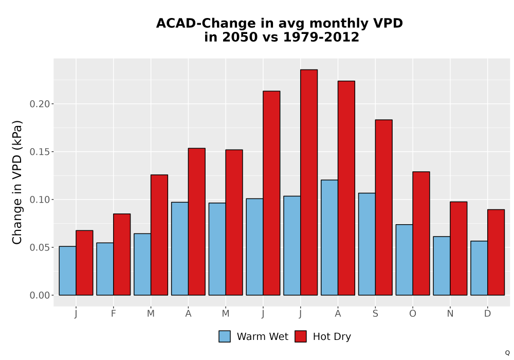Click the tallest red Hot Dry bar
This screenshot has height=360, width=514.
(x=309, y=182)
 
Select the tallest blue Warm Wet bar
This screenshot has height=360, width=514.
(x=329, y=238)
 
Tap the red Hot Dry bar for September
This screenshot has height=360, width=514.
(x=383, y=208)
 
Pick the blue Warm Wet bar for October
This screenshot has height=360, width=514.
(x=404, y=260)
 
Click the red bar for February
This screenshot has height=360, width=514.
(x=122, y=255)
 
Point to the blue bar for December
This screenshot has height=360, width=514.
(x=479, y=268)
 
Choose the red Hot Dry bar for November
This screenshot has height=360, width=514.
(x=458, y=248)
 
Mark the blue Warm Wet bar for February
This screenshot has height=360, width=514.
(x=105, y=269)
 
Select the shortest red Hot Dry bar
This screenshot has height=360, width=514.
(x=84, y=263)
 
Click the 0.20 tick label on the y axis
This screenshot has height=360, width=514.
(x=40, y=104)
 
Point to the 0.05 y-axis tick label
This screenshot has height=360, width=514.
(x=40, y=247)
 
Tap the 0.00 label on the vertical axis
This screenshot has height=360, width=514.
(x=40, y=295)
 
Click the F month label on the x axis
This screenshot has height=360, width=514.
(x=114, y=314)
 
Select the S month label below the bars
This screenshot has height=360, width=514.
(x=375, y=314)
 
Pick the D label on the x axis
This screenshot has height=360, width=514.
(x=487, y=314)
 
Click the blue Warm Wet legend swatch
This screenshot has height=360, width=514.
(x=225, y=336)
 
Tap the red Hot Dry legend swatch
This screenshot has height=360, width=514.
(x=301, y=336)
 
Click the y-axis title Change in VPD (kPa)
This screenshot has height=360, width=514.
(x=17, y=183)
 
